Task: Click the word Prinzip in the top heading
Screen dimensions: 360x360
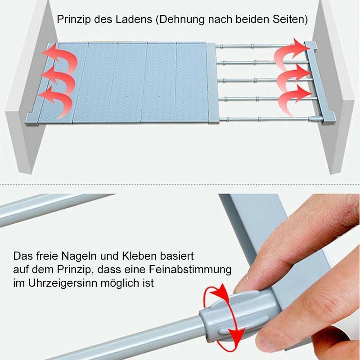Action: [x=74, y=19]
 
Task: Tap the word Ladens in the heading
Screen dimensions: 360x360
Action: [x=134, y=19]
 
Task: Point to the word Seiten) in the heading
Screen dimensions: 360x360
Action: [x=290, y=20]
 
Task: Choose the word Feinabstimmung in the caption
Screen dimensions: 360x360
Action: [x=190, y=270]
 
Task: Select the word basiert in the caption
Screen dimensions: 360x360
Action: [x=177, y=256]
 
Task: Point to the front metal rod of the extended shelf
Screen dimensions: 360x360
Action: [x=269, y=119]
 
